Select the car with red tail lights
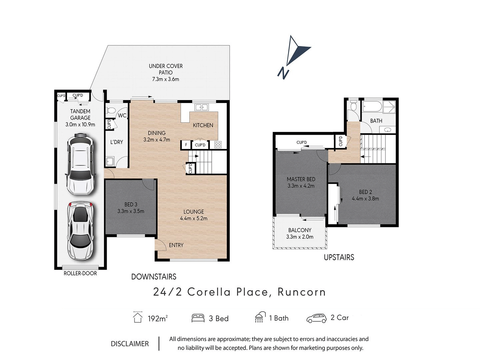pyautogui.click(x=80, y=231)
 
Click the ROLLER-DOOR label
pyautogui.click(x=80, y=273)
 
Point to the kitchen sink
pyautogui.click(x=201, y=107)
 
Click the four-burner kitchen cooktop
pyautogui.click(x=218, y=145)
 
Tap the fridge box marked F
pyautogui.click(x=186, y=145)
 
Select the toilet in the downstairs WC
pyautogui.click(x=111, y=110)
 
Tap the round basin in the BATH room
pyautogui.click(x=387, y=130)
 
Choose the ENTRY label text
pyautogui.click(x=176, y=245)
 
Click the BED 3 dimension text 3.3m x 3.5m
pyautogui.click(x=131, y=211)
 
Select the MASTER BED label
pyautogui.click(x=301, y=179)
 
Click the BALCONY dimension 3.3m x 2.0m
pyautogui.click(x=300, y=237)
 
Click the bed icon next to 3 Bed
pyautogui.click(x=198, y=318)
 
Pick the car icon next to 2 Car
pyautogui.click(x=316, y=318)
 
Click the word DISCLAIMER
pyautogui.click(x=130, y=344)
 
